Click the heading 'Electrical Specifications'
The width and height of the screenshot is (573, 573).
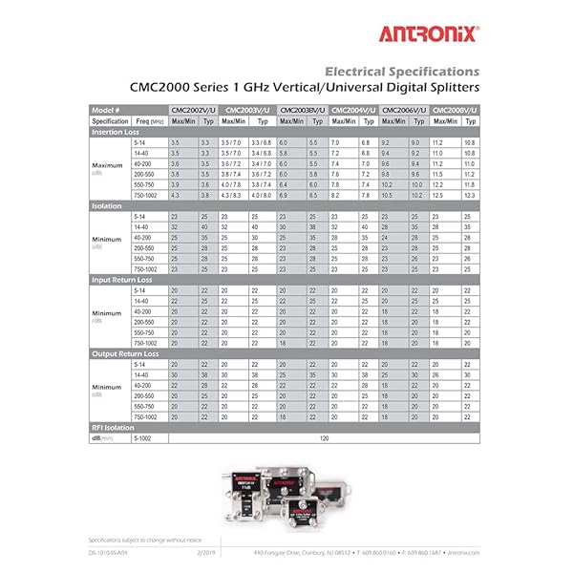point(402,71)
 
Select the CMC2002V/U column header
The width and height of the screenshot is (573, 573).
point(195,111)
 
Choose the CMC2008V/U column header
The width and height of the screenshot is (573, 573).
point(456,111)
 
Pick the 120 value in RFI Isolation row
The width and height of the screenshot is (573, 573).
point(323,437)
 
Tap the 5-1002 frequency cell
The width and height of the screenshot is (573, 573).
point(144,437)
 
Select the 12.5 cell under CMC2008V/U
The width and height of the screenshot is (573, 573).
point(439,194)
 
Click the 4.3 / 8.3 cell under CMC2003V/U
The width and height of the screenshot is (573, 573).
point(232,194)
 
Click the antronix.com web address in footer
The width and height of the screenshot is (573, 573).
point(463,552)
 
